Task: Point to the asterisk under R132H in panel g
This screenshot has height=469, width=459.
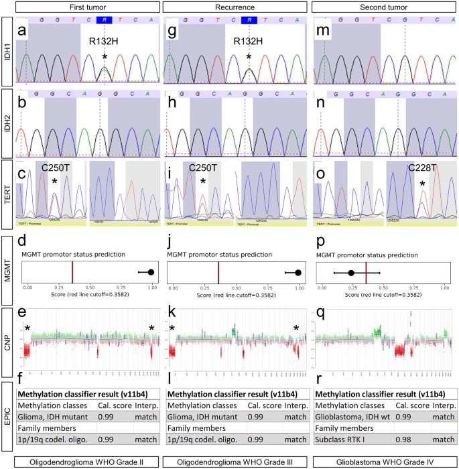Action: pyautogui.click(x=249, y=58)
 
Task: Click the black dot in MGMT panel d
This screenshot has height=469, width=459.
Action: pyautogui.click(x=151, y=272)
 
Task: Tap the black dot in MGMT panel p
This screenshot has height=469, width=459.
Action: pyautogui.click(x=350, y=273)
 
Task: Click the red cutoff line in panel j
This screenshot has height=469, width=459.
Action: pyautogui.click(x=218, y=272)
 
